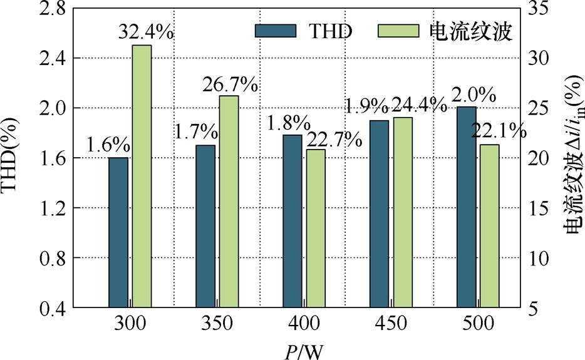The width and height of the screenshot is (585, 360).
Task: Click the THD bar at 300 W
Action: (118, 232)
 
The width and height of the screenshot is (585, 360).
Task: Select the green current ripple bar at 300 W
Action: (141, 176)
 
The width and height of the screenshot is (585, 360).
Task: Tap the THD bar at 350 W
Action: (205, 226)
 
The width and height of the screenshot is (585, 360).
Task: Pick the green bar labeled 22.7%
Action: (316, 228)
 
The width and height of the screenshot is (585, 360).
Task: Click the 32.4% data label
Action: (145, 33)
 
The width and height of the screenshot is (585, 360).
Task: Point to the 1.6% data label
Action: (108, 145)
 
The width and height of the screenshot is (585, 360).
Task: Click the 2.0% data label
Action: (474, 95)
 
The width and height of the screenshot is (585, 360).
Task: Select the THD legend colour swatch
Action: (275, 31)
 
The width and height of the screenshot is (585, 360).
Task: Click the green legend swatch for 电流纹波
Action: (398, 31)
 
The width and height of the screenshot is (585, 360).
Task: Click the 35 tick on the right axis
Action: (542, 8)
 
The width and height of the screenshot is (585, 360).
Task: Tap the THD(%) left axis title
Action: (16, 158)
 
